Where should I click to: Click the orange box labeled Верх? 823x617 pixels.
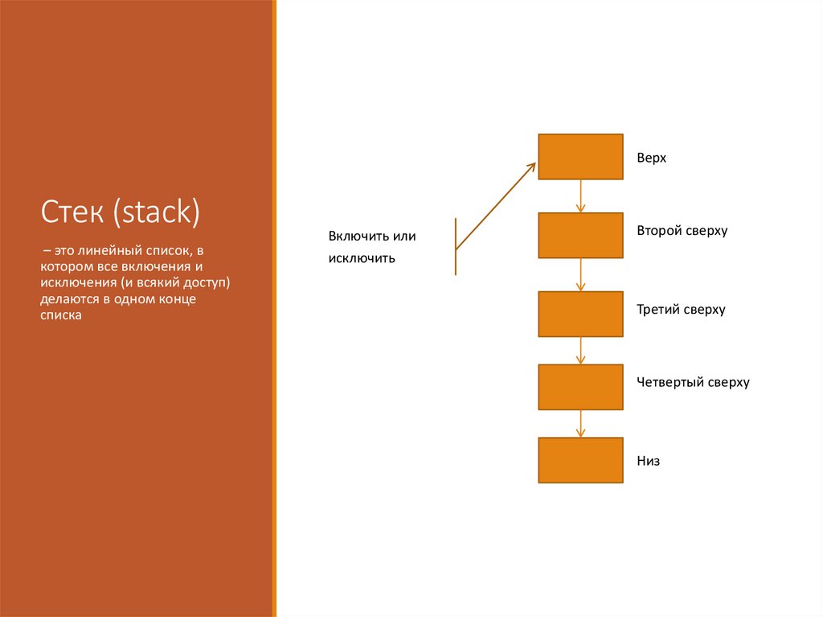(580, 157)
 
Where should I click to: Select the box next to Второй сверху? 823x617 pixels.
(580, 235)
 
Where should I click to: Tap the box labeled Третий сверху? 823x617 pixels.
(580, 314)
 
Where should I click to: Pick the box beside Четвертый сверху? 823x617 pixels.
(580, 387)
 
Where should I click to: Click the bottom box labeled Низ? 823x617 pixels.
(580, 460)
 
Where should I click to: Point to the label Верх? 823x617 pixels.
(651, 158)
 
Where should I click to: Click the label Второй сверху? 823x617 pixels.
(682, 231)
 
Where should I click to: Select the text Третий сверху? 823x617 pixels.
(681, 310)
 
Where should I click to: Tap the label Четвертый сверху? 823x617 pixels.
(693, 382)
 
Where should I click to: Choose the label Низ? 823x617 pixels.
(648, 462)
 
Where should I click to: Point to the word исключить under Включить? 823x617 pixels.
(361, 259)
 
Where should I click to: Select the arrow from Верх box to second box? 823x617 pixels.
(580, 196)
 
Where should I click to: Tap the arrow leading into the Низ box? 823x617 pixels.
(580, 424)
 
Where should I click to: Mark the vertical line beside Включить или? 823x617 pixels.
(456, 245)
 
